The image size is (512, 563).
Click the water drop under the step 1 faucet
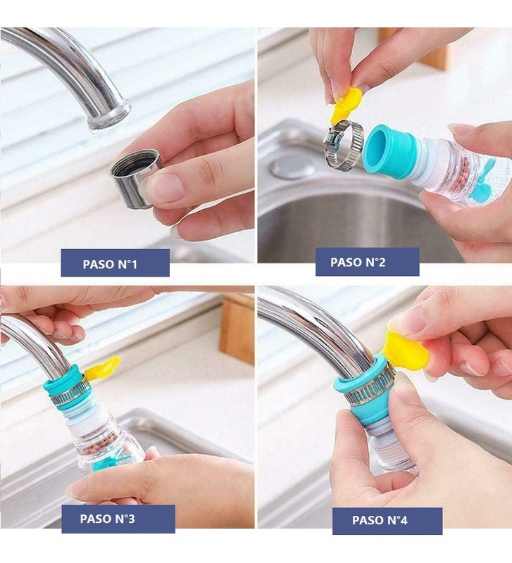[94, 132]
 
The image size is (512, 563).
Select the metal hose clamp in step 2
[343, 145]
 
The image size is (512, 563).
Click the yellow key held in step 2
[345, 104]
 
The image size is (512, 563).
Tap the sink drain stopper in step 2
[292, 167]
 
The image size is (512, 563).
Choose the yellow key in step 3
[103, 369]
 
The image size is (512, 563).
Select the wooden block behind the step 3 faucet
[237, 329]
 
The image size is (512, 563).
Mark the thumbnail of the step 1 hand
[166, 186]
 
